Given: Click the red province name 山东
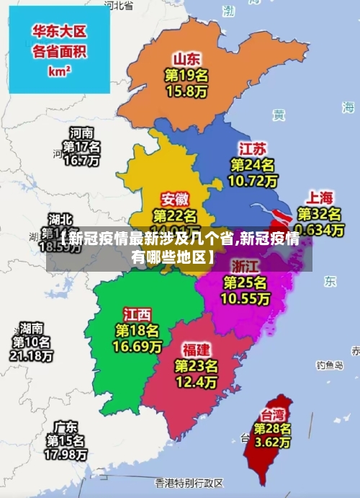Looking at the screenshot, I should (186, 58).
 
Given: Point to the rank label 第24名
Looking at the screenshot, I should (251, 165).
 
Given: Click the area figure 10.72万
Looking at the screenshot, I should (251, 181).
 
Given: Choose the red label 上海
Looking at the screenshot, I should (320, 197).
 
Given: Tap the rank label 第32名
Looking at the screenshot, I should (320, 214).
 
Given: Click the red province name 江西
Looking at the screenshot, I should (138, 314).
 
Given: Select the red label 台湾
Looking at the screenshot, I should (271, 414).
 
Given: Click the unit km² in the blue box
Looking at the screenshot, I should (59, 71).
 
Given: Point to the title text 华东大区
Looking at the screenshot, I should (60, 31).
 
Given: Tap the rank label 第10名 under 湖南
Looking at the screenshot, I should (32, 342).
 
